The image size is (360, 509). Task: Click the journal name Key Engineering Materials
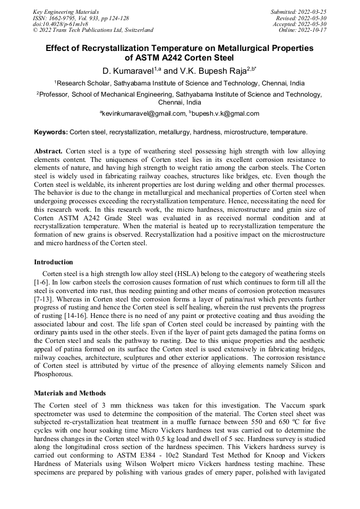[66, 12]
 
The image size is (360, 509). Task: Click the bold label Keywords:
[51, 132]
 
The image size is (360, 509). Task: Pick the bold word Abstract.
[48, 151]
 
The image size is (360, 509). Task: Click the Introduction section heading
[54, 262]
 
